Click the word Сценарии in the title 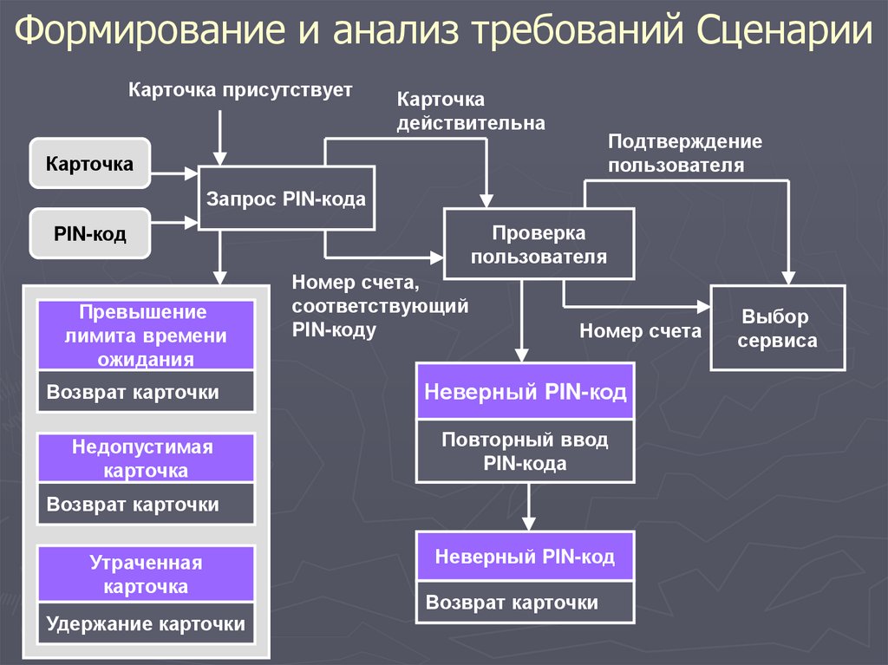pyautogui.click(x=784, y=30)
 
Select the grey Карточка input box pyautogui.click(x=90, y=163)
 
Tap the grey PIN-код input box pyautogui.click(x=90, y=233)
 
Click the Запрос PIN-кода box pyautogui.click(x=286, y=199)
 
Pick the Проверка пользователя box pyautogui.click(x=539, y=244)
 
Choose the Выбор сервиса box pyautogui.click(x=778, y=328)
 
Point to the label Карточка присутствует pyautogui.click(x=240, y=90)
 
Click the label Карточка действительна pyautogui.click(x=471, y=111)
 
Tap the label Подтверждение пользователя pyautogui.click(x=685, y=153)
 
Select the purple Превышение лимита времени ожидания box pyautogui.click(x=146, y=336)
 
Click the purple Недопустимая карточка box pyautogui.click(x=146, y=459)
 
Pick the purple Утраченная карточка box pyautogui.click(x=146, y=574)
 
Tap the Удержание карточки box pyautogui.click(x=146, y=623)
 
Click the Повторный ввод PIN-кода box pyautogui.click(x=525, y=451)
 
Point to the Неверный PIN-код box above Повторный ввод pyautogui.click(x=525, y=391)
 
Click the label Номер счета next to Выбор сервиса pyautogui.click(x=640, y=330)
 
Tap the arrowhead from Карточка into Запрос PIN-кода pyautogui.click(x=192, y=173)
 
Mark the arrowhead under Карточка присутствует pyautogui.click(x=220, y=159)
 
